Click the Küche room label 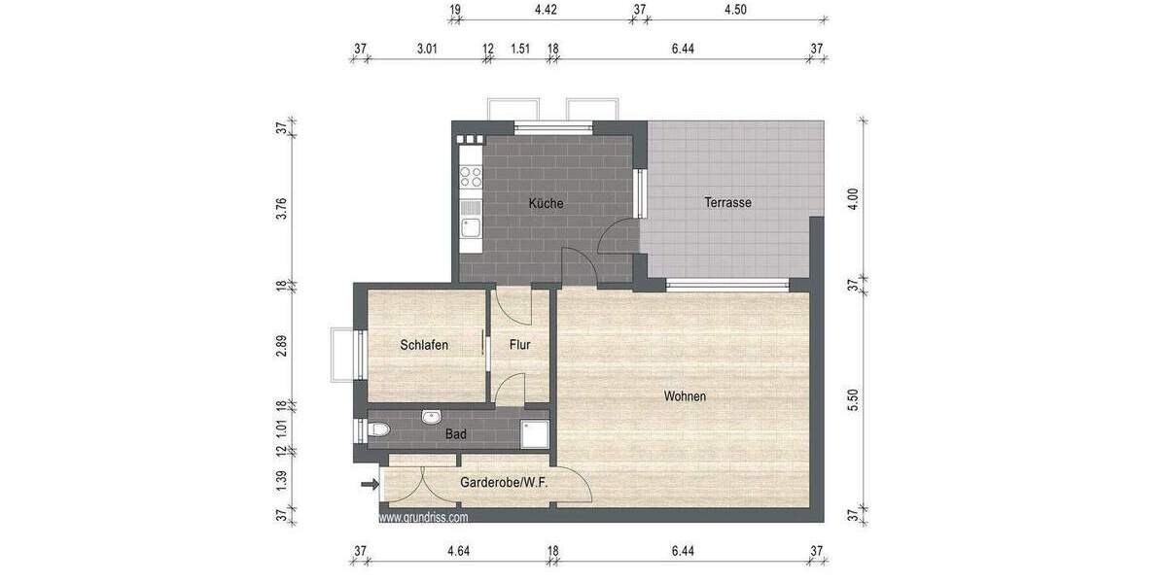[x=546, y=204]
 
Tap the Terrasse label [x=728, y=203]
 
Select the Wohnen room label [x=685, y=396]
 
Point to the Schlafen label [x=424, y=345]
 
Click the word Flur [x=519, y=345]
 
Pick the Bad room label [x=455, y=434]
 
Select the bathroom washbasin [x=432, y=418]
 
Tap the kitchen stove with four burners [x=472, y=177]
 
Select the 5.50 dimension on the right [x=853, y=400]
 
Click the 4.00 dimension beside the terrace [x=853, y=200]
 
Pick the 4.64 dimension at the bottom [x=458, y=552]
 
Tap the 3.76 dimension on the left [x=281, y=208]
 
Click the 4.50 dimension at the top [x=736, y=11]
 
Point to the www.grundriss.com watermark [x=423, y=518]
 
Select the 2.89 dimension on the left [x=281, y=347]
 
